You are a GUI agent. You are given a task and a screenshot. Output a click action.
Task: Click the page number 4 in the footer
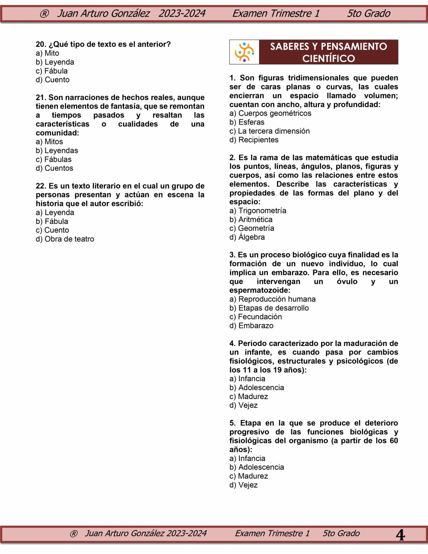tap(400, 535)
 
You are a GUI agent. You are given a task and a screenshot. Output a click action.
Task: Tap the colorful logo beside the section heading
tap(244, 52)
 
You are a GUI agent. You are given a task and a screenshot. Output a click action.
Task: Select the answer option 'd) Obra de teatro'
tap(65, 239)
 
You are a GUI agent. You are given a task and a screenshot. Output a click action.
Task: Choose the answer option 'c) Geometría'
tap(252, 228)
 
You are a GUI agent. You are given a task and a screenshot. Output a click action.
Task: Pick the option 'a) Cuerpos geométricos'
tap(270, 113)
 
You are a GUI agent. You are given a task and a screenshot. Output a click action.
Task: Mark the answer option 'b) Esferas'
tap(247, 122)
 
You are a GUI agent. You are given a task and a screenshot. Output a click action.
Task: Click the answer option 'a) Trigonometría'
tap(258, 210)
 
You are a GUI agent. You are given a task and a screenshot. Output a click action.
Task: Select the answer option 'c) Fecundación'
tap(255, 316)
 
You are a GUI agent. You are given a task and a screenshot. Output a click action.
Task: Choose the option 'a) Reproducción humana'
tap(272, 299)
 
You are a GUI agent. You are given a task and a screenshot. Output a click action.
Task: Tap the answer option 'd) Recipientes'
tap(254, 140)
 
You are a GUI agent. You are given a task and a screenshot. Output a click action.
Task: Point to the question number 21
tap(41, 97)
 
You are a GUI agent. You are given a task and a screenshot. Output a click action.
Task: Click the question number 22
tap(41, 186)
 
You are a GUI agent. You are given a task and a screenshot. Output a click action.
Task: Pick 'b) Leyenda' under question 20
tap(55, 62)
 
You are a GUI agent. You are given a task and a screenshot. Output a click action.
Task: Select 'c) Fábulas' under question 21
tap(54, 159)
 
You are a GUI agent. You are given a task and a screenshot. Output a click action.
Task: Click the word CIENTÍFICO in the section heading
tap(328, 58)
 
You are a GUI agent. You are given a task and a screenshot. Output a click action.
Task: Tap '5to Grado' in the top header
tap(368, 13)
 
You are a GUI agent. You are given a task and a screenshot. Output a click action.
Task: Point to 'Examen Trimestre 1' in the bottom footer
tap(272, 533)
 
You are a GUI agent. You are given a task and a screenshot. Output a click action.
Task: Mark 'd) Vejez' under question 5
tap(243, 485)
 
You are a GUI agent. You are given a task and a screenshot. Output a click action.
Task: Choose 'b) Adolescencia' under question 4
tap(257, 387)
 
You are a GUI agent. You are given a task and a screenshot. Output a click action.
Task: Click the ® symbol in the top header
tap(44, 14)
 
